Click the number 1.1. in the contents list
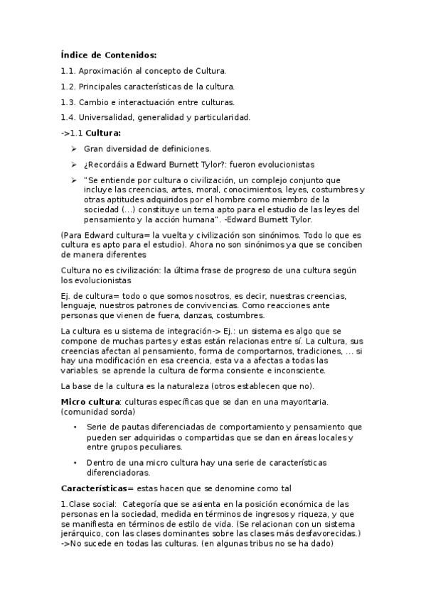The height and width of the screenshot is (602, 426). (x=68, y=71)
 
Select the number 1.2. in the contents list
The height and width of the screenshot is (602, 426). (x=68, y=87)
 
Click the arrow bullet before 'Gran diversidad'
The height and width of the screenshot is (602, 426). (x=74, y=148)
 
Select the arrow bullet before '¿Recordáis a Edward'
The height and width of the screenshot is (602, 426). (x=74, y=164)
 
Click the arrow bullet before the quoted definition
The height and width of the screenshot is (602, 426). (x=74, y=180)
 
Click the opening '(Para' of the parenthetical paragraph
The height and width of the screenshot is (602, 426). (x=71, y=235)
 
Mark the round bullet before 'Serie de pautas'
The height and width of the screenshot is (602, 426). (x=75, y=427)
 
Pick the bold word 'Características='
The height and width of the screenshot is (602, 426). (x=97, y=488)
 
